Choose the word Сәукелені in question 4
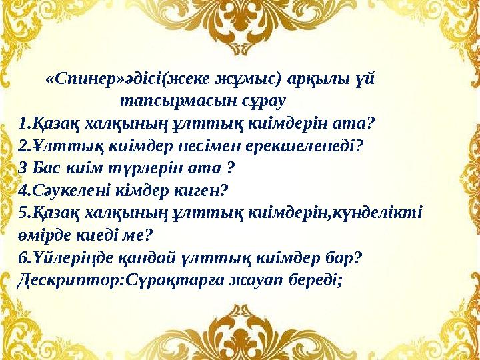tap(65, 191)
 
